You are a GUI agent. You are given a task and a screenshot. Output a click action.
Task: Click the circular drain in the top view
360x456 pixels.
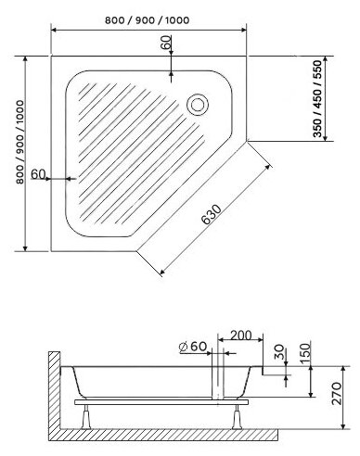pyautogui.click(x=198, y=104)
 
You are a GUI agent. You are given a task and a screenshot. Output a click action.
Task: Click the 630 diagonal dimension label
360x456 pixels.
pyautogui.click(x=212, y=214)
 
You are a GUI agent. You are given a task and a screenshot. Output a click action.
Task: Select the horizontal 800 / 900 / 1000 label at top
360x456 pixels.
pyautogui.click(x=148, y=20)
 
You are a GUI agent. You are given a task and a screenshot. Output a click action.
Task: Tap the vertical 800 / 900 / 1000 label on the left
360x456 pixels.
pyautogui.click(x=19, y=142)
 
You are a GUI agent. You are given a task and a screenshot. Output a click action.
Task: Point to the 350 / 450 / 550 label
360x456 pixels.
pyautogui.click(x=317, y=98)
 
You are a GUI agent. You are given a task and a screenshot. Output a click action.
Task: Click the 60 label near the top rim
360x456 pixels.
pyautogui.click(x=166, y=43)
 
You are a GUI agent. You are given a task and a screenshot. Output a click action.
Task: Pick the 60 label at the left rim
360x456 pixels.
pyautogui.click(x=38, y=174)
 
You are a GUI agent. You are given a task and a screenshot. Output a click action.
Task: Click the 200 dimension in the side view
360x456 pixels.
pyautogui.click(x=241, y=335)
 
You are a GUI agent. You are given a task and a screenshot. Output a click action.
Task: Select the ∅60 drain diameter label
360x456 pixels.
pyautogui.click(x=193, y=347)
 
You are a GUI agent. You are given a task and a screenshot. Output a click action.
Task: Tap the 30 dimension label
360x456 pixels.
pyautogui.click(x=279, y=352)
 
